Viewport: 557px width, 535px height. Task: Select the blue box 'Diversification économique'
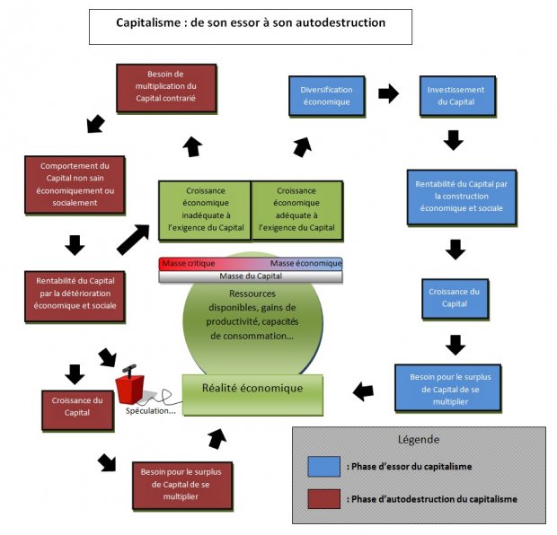tap(327, 95)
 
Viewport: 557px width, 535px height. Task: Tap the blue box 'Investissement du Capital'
tap(456, 95)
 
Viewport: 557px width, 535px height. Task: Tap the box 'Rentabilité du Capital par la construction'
tap(461, 196)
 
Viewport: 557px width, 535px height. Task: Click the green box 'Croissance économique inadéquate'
tap(204, 209)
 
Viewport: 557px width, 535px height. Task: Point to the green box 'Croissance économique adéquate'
tap(296, 209)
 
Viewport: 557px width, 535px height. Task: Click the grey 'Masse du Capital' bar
tap(251, 276)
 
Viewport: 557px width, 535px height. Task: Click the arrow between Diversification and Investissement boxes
tap(389, 92)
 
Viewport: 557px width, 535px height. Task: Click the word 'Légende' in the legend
tap(419, 440)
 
